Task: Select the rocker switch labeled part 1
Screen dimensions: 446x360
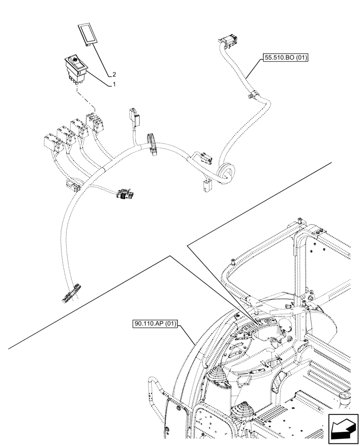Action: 77,69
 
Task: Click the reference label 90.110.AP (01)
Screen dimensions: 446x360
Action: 155,323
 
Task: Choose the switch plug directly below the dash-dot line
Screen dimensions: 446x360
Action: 95,121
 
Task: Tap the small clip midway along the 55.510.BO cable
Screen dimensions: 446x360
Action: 252,95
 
